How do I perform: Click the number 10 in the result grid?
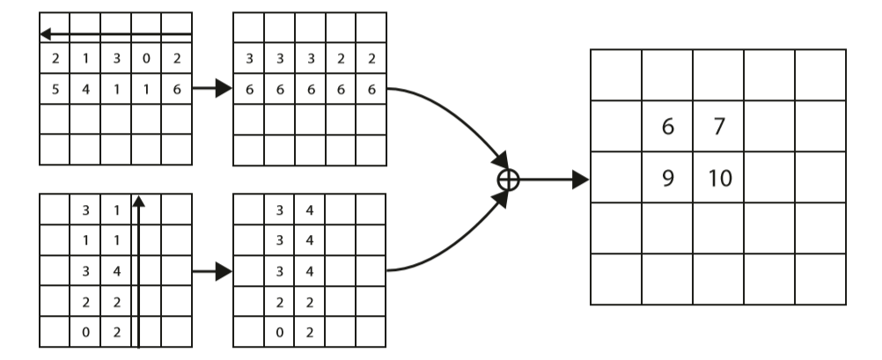click(719, 178)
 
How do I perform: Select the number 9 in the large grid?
click(667, 178)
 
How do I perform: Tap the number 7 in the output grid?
click(719, 127)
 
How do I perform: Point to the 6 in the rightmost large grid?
click(667, 127)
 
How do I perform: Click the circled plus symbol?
click(509, 180)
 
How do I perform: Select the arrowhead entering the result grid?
click(578, 180)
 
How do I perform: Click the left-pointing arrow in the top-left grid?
click(114, 34)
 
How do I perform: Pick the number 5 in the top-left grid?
click(55, 89)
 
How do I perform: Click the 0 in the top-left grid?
click(146, 59)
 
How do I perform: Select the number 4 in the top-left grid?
click(85, 89)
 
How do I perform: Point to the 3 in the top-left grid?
click(116, 59)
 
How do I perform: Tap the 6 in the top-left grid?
click(177, 89)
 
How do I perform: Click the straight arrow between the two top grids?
click(212, 89)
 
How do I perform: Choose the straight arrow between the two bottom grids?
click(212, 271)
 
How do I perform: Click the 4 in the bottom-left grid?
click(116, 270)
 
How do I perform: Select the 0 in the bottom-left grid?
click(85, 332)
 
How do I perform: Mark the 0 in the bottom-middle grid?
click(279, 332)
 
